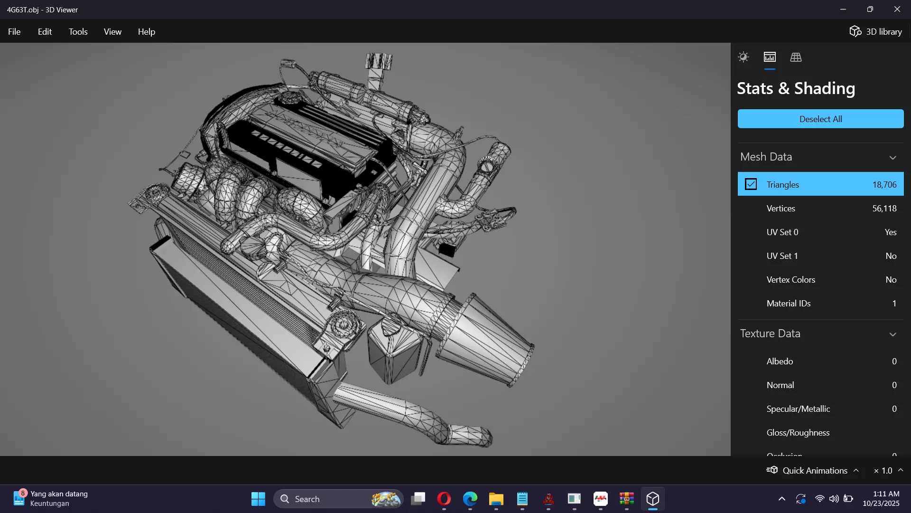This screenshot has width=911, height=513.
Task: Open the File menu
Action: coord(14,32)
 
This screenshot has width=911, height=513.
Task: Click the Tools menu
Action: coord(78,32)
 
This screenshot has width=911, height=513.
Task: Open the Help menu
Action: coord(146,32)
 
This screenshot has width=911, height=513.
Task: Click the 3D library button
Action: coord(875,32)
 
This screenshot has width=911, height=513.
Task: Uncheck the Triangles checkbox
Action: coord(751,184)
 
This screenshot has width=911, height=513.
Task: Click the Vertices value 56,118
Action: coord(884,209)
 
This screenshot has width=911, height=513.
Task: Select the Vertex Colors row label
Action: coord(790,280)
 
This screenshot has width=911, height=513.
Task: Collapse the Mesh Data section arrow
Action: coord(892,158)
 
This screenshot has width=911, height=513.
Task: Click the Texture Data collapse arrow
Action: coord(892,334)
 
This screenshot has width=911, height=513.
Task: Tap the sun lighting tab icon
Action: coord(743,57)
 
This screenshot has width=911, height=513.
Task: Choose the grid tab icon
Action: coord(796,57)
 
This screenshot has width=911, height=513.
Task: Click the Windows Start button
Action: coord(258,499)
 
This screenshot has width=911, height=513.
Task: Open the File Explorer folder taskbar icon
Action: coord(496,499)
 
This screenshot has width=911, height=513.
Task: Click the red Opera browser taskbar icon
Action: coord(444,499)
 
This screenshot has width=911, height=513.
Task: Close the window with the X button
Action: coord(897,9)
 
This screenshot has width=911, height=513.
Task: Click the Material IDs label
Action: coord(788,304)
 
